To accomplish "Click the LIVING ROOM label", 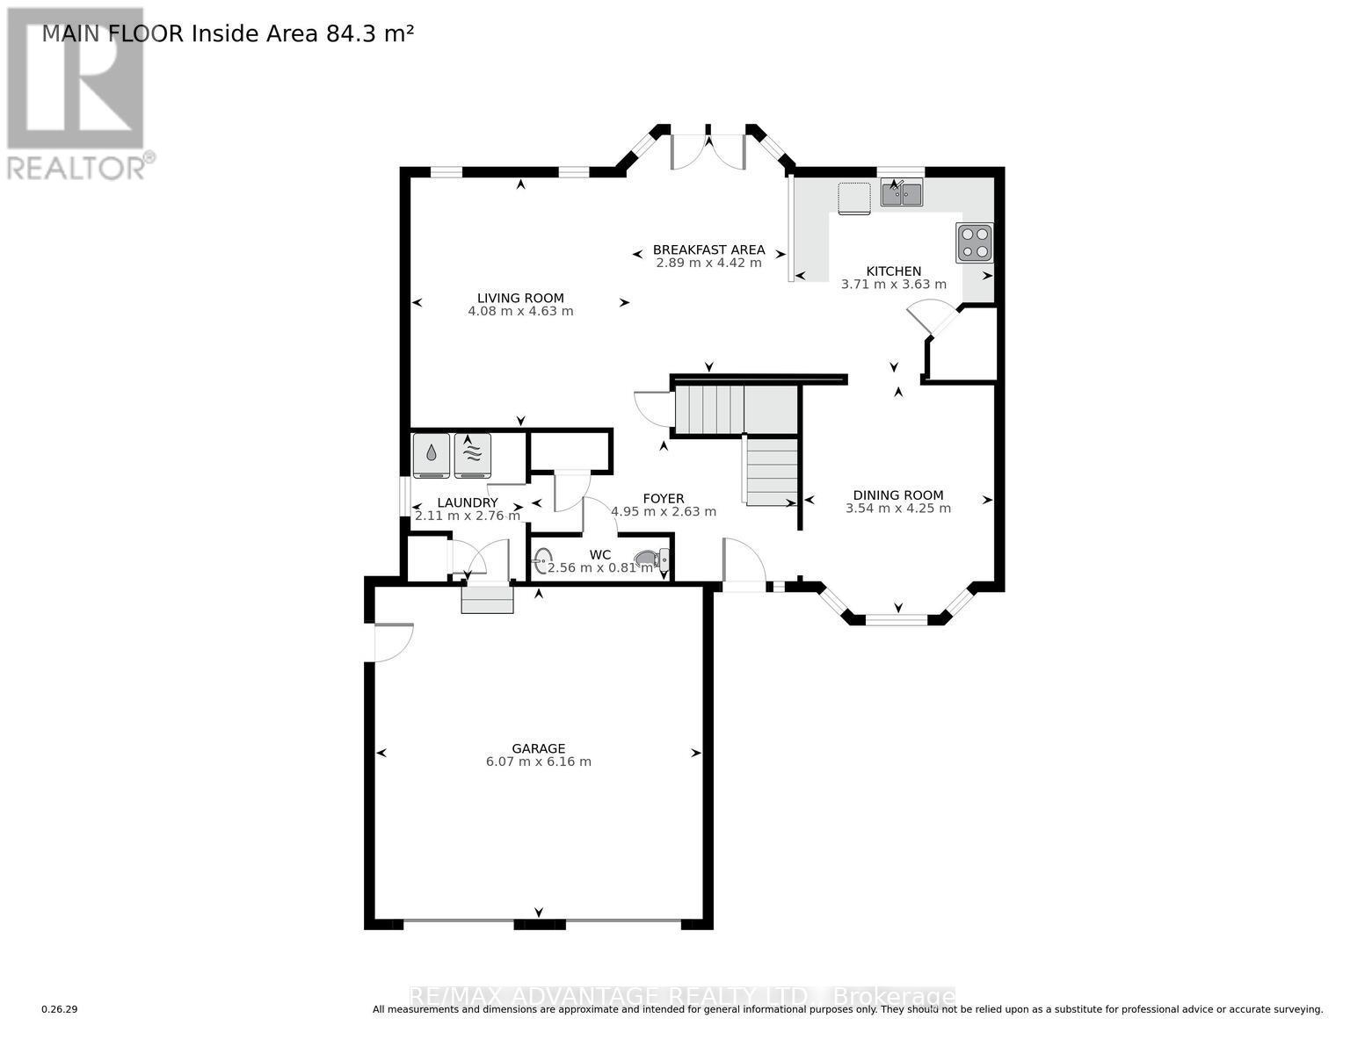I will click(x=520, y=298).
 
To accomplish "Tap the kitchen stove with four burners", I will click(x=974, y=242).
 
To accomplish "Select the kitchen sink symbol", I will click(x=901, y=193).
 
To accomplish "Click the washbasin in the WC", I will click(x=543, y=557).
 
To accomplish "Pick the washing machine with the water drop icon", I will click(x=431, y=455).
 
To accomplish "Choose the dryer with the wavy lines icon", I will click(x=472, y=455).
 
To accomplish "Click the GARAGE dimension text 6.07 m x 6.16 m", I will click(x=538, y=762).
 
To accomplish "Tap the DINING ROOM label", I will click(x=897, y=495).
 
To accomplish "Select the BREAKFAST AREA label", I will click(x=708, y=249).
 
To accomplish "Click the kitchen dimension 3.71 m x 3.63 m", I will click(x=894, y=285).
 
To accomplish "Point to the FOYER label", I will click(x=663, y=499).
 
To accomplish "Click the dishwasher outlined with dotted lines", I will click(x=853, y=198).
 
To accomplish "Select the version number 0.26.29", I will click(x=60, y=1010).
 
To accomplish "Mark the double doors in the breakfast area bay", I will click(x=708, y=149).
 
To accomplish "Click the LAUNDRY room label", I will click(x=468, y=502).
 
